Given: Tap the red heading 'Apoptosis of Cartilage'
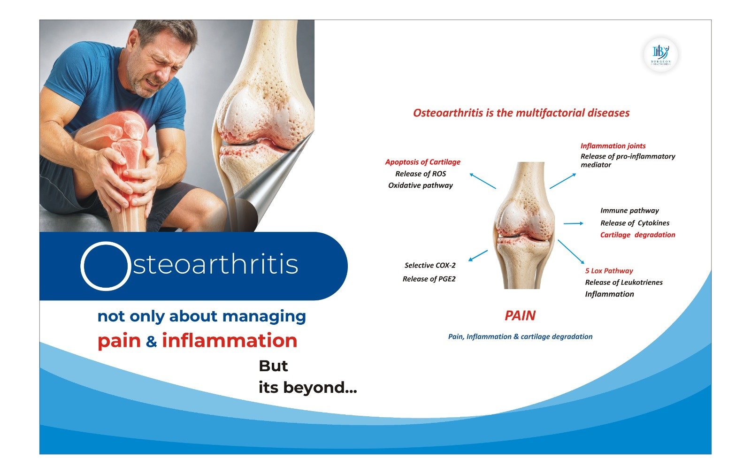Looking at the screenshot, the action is coord(422,162).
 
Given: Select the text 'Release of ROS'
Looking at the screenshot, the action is coord(421,174).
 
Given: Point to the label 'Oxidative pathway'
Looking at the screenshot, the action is coord(421,185).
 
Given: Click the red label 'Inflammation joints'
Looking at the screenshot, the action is coord(613,146).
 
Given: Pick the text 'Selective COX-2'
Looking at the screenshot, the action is coord(430,265).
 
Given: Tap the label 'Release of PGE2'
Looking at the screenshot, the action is coord(429,279).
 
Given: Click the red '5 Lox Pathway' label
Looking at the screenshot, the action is coord(609,271).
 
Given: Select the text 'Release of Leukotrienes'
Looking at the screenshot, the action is coord(624,282).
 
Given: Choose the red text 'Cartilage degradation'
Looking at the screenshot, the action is coord(637,235).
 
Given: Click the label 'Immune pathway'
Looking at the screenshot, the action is coord(629,211).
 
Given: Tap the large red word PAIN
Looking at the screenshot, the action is coord(520,315).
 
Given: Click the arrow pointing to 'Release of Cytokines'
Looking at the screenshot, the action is coord(573,223).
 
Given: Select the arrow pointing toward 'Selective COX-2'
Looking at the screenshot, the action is coord(478,255).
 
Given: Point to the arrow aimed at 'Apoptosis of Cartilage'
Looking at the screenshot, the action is coord(483,181).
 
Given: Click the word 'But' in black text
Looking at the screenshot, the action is coord(273,366).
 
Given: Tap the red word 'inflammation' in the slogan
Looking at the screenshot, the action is coord(230,340).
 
